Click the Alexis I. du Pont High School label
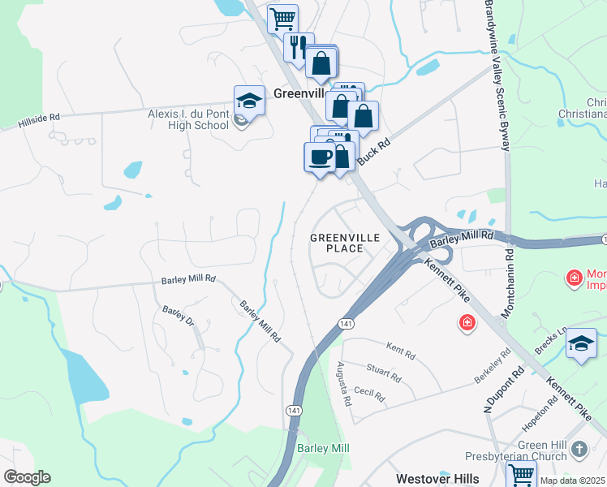point(188,119)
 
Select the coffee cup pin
point(320,157)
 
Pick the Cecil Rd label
point(369,394)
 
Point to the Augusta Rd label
point(344,384)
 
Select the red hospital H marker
point(467,323)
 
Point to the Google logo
point(28,477)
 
